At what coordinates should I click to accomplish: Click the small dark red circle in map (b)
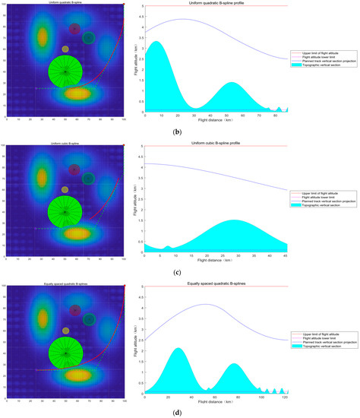tap(75, 30)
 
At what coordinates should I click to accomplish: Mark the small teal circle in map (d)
tap(89, 318)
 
